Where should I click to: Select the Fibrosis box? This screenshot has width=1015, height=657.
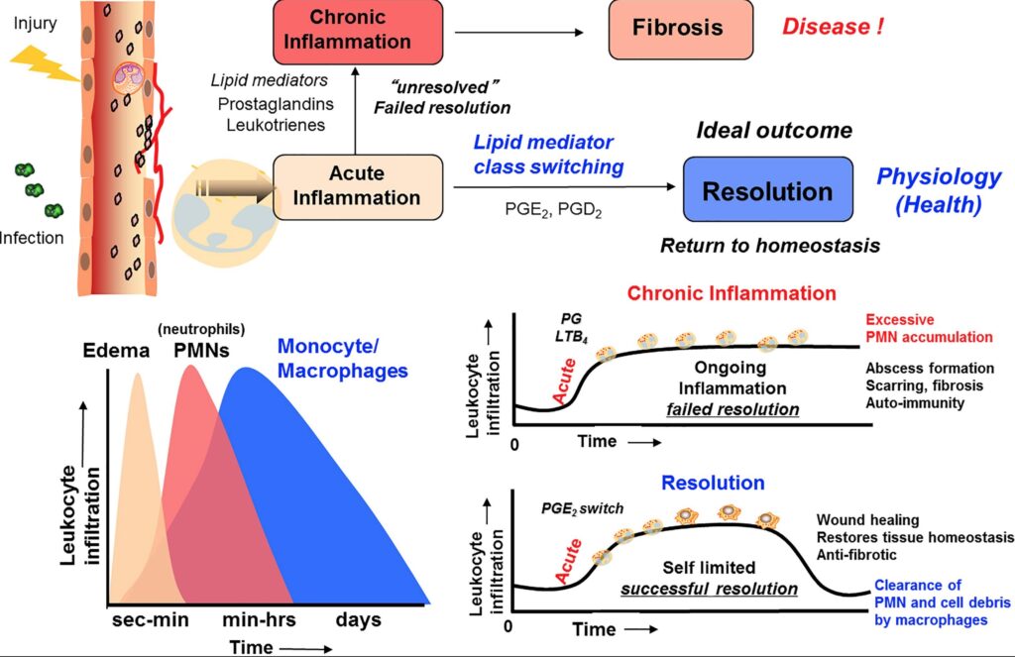tap(679, 27)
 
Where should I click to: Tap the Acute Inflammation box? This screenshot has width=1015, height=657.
tap(357, 186)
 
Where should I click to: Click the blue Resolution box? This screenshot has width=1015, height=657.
tap(767, 190)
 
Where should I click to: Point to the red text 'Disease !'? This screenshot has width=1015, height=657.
tap(833, 27)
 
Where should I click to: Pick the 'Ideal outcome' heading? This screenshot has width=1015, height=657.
tap(774, 131)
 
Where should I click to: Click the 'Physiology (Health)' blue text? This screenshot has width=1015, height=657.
tap(939, 190)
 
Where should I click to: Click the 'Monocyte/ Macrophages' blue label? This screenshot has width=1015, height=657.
tap(343, 359)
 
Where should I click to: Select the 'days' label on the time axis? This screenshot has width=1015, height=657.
tap(358, 620)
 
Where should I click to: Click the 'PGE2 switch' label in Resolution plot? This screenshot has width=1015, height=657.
tap(582, 509)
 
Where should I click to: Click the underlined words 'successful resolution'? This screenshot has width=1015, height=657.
tap(709, 588)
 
